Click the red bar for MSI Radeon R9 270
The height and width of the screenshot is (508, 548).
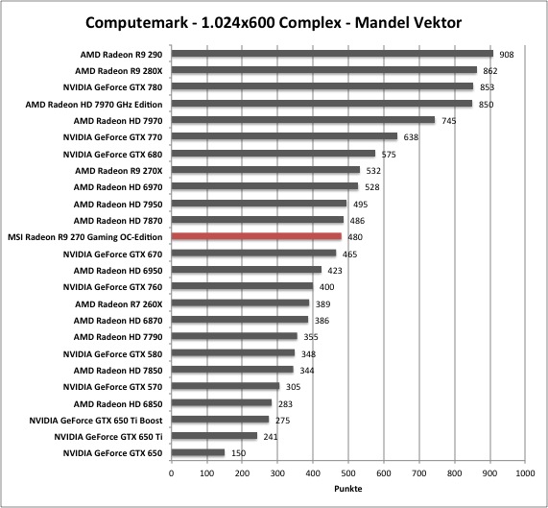coord(256,236)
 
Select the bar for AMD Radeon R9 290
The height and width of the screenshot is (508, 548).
coord(332,54)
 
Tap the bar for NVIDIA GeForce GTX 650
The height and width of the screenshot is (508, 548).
coord(198,452)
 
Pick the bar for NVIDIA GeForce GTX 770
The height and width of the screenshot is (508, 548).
coord(284,136)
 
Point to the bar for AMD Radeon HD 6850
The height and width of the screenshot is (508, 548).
coord(222,402)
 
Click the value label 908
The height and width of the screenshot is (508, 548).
coord(507,55)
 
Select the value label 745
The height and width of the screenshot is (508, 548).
coord(449,121)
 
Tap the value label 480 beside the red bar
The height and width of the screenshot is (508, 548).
coord(355,237)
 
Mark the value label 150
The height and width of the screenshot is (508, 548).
coord(238,453)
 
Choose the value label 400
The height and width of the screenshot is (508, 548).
coord(326,287)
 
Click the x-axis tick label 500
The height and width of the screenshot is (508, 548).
coord(348,473)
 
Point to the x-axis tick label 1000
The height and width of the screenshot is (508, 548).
coord(525,473)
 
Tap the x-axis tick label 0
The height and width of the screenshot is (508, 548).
coord(171,473)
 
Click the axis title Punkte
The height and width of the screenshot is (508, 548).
coord(348,489)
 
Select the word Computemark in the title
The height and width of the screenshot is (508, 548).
coord(137,23)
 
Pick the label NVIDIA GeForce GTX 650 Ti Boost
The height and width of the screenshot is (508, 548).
coord(96,421)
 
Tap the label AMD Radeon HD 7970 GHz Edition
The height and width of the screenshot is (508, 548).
coord(94,105)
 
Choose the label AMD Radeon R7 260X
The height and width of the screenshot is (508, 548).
coord(119,304)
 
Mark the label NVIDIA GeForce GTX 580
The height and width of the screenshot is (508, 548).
coord(112,354)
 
